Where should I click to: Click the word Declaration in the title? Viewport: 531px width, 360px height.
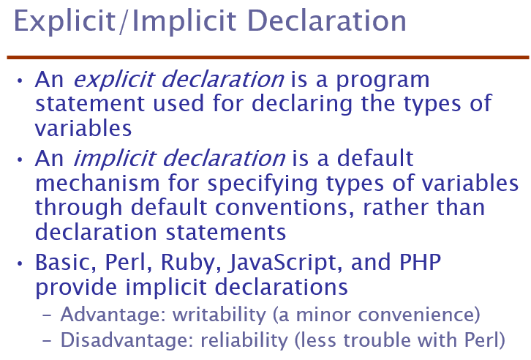(327, 21)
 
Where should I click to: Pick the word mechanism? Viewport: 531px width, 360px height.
(97, 183)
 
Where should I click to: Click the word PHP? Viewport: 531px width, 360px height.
(421, 262)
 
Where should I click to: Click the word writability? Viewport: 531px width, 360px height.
(219, 315)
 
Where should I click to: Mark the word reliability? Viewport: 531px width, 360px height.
(244, 340)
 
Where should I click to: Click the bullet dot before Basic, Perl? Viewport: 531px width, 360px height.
(20, 263)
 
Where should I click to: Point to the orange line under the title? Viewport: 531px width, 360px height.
(268, 58)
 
